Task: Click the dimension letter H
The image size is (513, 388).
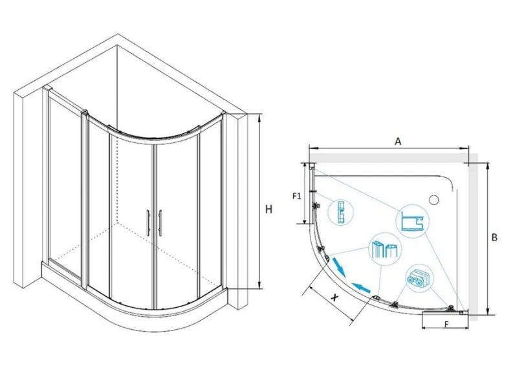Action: pyautogui.click(x=268, y=209)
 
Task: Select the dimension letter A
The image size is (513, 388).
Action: pyautogui.click(x=398, y=141)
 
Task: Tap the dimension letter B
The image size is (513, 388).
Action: pyautogui.click(x=494, y=237)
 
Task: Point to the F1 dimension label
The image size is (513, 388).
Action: pyautogui.click(x=296, y=196)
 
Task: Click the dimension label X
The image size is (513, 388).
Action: pyautogui.click(x=334, y=297)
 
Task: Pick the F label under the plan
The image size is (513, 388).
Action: pyautogui.click(x=446, y=324)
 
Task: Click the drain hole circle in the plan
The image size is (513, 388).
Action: pyautogui.click(x=434, y=199)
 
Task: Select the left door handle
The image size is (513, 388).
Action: pyautogui.click(x=148, y=222)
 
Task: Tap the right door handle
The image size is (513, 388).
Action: pyautogui.click(x=160, y=223)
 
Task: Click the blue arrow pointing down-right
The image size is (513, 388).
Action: pyautogui.click(x=339, y=266)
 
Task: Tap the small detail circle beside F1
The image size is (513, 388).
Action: pyautogui.click(x=340, y=213)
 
